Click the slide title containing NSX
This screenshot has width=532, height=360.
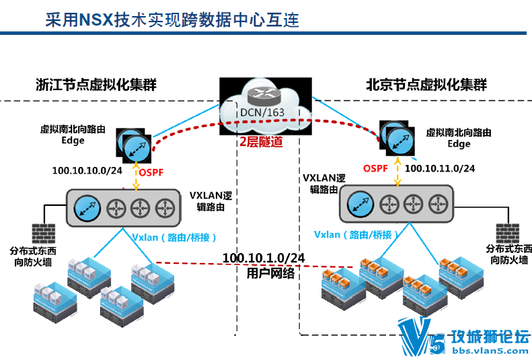[171, 19]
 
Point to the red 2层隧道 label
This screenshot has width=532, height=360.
[261, 143]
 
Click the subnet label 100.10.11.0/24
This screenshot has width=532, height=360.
[441, 168]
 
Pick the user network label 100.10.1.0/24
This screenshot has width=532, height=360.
[263, 258]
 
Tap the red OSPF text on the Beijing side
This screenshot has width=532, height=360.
[375, 168]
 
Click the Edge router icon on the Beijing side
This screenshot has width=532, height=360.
[397, 138]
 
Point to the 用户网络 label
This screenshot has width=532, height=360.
[262, 273]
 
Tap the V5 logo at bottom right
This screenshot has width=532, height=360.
[421, 336]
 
